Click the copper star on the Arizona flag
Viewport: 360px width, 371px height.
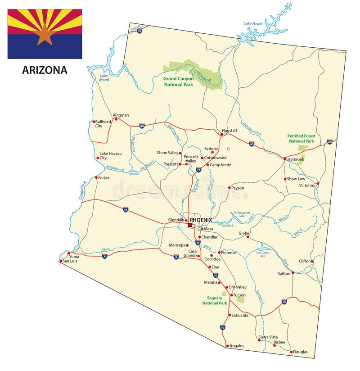(x=45, y=35)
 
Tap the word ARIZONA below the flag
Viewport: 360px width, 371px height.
(x=45, y=70)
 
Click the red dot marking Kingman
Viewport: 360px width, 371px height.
(x=116, y=119)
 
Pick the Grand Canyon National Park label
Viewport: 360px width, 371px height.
(x=179, y=81)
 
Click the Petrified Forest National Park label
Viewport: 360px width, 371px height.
(x=301, y=138)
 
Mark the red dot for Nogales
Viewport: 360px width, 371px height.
(x=226, y=346)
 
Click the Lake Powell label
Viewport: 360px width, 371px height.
(x=253, y=23)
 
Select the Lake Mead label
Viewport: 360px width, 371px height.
(x=104, y=77)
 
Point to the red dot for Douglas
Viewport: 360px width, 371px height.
(x=291, y=352)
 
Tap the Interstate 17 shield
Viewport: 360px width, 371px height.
(x=198, y=170)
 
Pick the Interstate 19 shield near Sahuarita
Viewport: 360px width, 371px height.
(x=222, y=328)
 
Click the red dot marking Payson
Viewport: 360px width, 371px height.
(x=229, y=188)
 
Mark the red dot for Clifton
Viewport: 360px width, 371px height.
(x=312, y=261)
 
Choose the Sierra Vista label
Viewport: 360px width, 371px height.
(x=268, y=337)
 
